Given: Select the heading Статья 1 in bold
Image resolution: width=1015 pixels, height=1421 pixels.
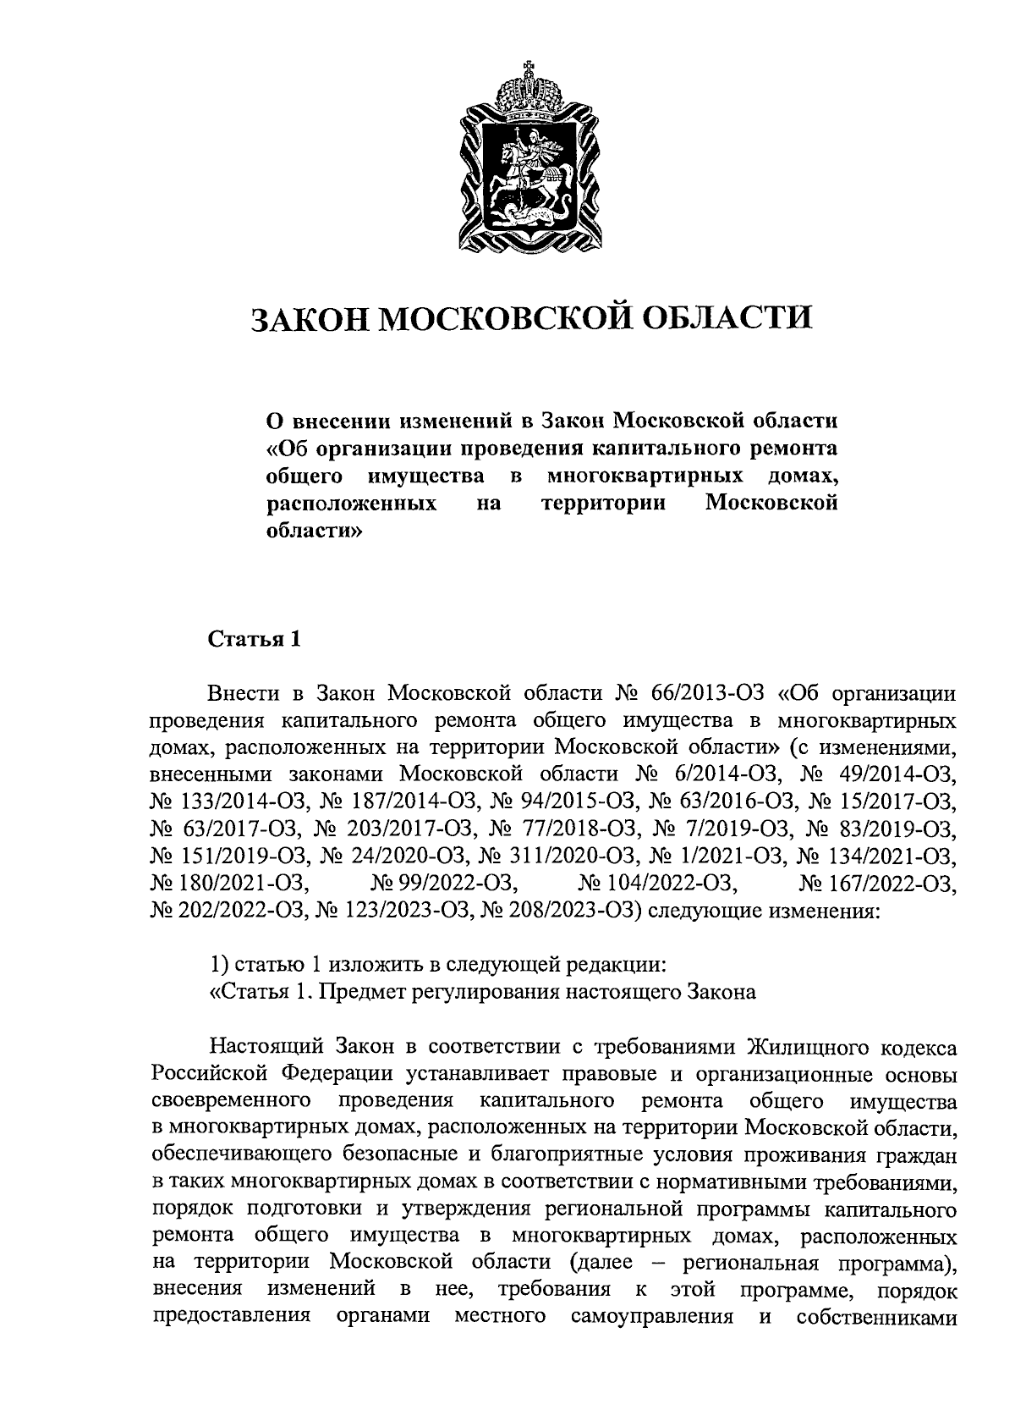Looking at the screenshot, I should coord(255,638).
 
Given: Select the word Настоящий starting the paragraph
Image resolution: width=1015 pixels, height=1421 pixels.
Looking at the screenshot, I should coord(268,1048).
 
